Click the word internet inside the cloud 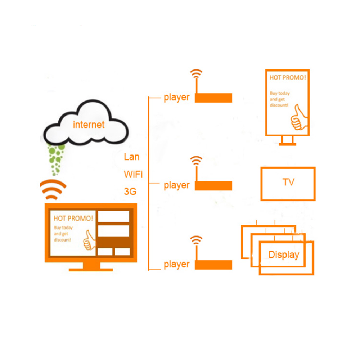tap(89, 125)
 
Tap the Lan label tap(131, 157)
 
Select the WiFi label tap(133, 175)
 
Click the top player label tap(176, 98)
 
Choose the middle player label tap(176, 185)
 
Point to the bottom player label tap(176, 265)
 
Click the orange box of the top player tap(213, 98)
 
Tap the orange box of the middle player tap(213, 186)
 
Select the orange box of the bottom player tap(213, 265)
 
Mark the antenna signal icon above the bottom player tap(196, 240)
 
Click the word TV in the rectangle tap(288, 182)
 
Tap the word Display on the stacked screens tap(284, 255)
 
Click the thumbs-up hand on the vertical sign tap(299, 118)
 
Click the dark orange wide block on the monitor tap(113, 242)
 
